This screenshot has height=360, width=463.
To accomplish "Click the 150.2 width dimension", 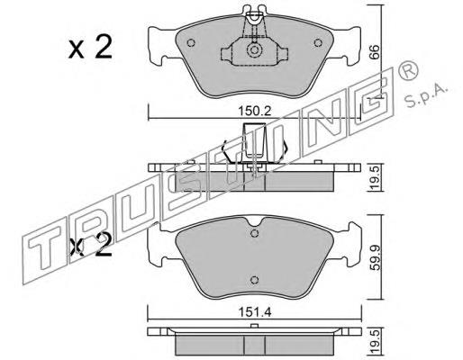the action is pos(255,112).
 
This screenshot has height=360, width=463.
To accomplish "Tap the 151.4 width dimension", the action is pos(255,312).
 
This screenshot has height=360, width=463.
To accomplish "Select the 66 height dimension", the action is pos(374,52).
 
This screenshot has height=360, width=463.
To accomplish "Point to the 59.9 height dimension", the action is pos(374,257).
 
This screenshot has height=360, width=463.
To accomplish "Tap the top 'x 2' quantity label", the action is pos(90,48).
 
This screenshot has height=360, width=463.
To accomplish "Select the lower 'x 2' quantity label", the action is pos(91,246).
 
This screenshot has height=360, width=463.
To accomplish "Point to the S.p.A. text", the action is pos(426,95).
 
